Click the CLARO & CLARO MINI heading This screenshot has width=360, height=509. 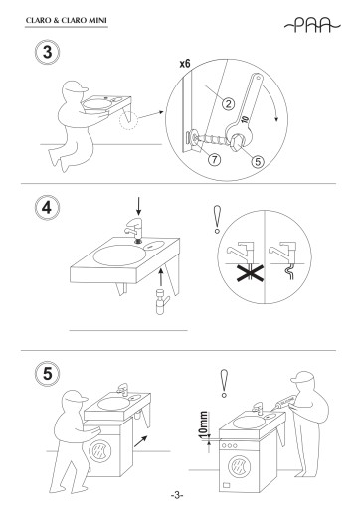(67, 20)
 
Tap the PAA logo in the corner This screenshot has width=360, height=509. (312, 25)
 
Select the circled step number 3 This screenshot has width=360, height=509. (48, 53)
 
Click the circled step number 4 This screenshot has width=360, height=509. (47, 208)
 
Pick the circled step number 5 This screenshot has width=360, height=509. (48, 374)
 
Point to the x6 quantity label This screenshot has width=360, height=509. (185, 63)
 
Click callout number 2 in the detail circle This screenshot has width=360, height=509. (228, 104)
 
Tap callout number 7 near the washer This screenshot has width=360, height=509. (215, 160)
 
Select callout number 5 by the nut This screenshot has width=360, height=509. (258, 161)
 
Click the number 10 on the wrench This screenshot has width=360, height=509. (245, 119)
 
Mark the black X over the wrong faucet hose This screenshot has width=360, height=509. (251, 272)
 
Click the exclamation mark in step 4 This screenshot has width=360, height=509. (217, 219)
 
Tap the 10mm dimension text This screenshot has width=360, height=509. (204, 424)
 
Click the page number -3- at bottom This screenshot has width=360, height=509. (177, 496)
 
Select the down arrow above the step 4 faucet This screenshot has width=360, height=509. (139, 206)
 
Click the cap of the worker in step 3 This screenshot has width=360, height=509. (77, 86)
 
